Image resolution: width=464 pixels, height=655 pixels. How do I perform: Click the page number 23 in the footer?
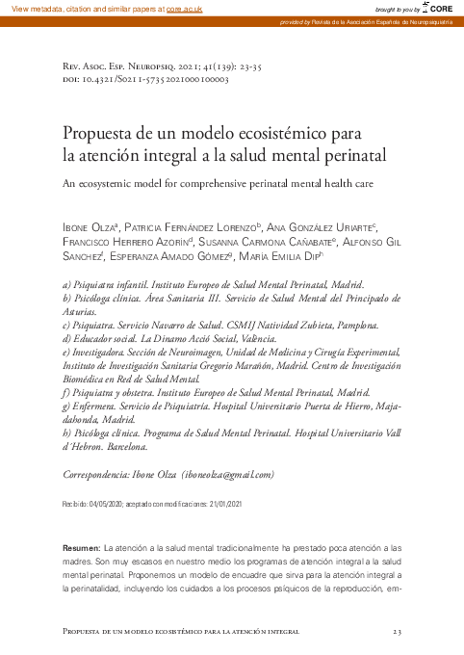(397, 631)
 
